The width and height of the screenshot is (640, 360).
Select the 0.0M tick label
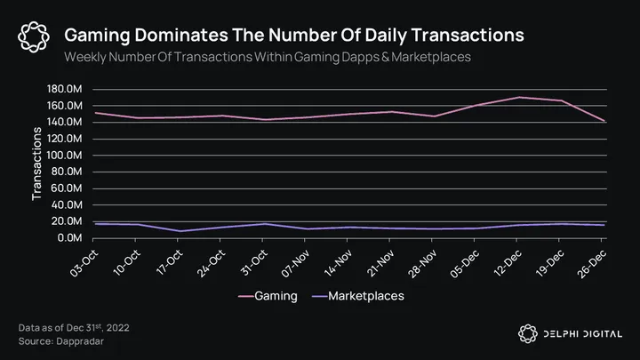point(70,238)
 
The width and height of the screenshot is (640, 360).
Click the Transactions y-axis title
point(37,164)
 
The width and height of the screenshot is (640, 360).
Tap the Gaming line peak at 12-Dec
point(521,98)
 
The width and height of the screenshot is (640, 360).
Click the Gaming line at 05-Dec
point(478,106)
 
